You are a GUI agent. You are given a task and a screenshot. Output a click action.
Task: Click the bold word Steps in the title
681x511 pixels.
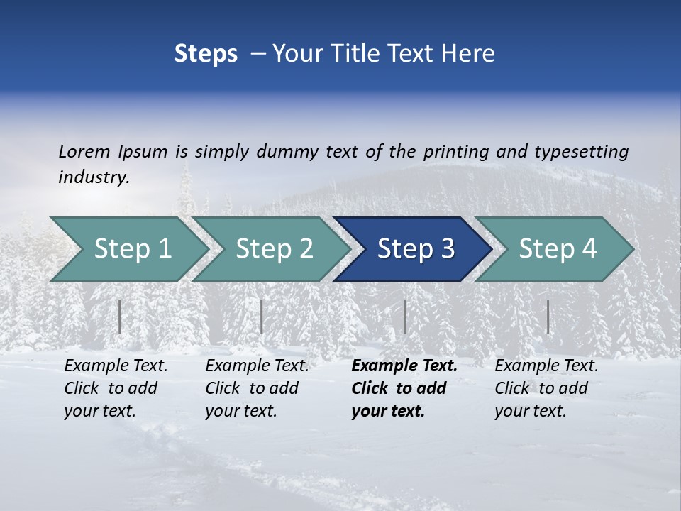coord(206,54)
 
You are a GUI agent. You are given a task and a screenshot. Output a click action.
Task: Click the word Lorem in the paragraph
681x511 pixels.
coord(84,151)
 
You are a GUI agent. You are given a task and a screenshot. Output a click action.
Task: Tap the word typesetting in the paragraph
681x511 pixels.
coord(581,151)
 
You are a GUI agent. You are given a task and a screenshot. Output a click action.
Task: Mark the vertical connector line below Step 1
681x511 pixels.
coord(120,317)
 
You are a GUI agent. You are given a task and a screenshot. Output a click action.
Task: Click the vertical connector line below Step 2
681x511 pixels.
coord(262,317)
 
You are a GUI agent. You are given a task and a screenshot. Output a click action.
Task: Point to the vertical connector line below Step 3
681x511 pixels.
coord(404,317)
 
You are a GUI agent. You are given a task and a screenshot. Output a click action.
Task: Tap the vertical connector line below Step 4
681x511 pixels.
coord(548,317)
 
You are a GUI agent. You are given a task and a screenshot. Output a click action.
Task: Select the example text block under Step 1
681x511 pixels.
coord(116,388)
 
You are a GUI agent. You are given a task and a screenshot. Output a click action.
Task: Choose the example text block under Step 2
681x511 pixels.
coord(257,388)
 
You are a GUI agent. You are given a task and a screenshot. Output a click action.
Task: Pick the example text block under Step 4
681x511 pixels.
coord(546,388)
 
